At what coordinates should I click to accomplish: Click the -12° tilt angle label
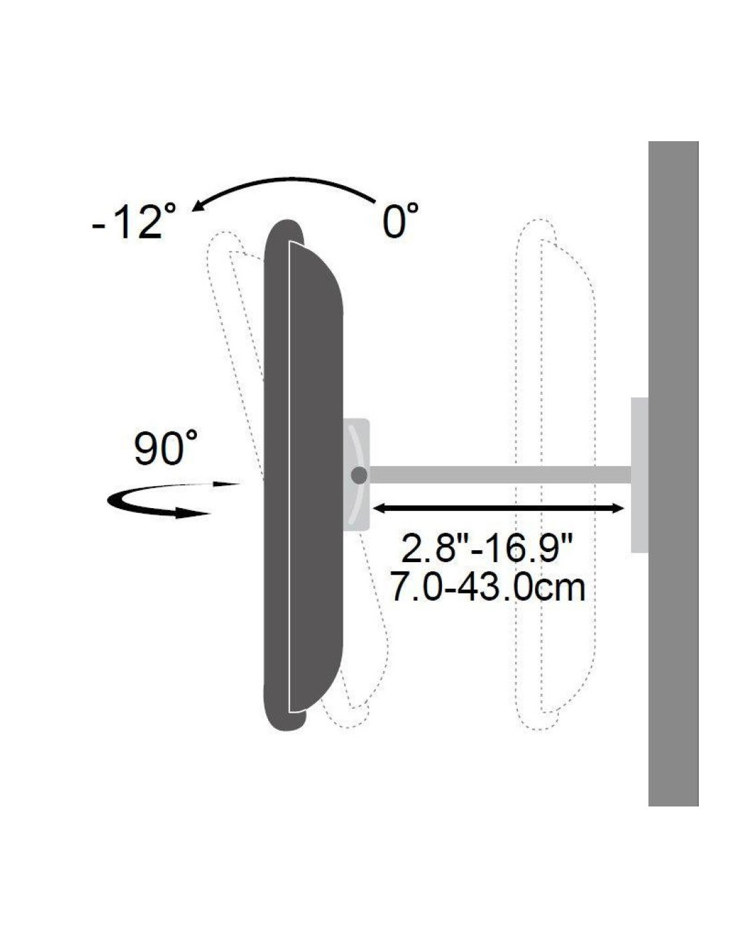point(134,222)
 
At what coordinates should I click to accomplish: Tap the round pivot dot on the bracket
point(359,475)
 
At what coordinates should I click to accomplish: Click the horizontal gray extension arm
point(500,475)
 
